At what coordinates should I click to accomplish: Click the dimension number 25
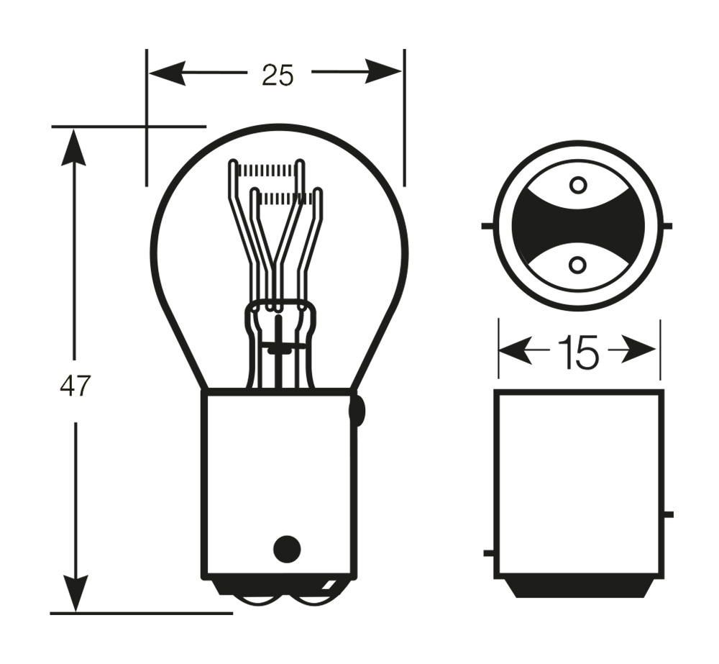(x=277, y=75)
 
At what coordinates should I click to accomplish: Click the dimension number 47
(x=75, y=386)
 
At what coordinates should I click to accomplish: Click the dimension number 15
(x=579, y=352)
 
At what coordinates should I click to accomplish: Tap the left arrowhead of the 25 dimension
(x=168, y=73)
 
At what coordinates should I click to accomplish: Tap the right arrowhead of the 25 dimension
(x=383, y=72)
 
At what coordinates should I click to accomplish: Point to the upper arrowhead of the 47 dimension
(x=73, y=147)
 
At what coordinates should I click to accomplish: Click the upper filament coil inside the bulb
(x=266, y=170)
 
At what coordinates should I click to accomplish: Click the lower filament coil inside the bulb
(x=286, y=199)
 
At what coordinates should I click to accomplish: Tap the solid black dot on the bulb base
(x=287, y=548)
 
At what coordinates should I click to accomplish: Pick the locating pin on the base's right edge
(x=357, y=410)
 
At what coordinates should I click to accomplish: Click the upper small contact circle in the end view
(x=578, y=186)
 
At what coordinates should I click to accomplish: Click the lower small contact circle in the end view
(x=577, y=265)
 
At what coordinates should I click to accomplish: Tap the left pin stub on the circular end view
(x=487, y=226)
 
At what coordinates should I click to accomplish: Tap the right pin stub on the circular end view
(x=667, y=226)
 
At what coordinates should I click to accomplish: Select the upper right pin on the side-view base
(x=668, y=514)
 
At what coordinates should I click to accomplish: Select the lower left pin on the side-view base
(x=489, y=553)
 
